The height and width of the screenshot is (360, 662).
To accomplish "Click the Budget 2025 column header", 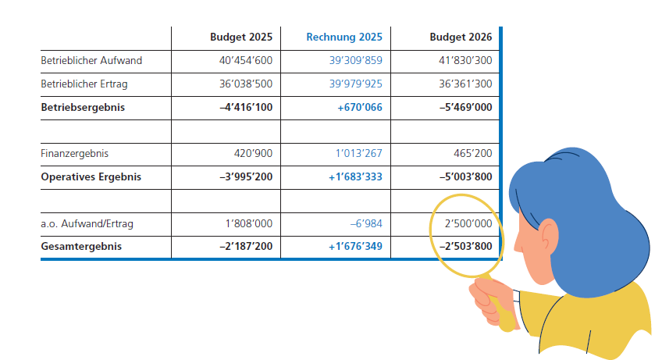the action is [x=241, y=37].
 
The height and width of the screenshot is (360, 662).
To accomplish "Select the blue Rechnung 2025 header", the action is [x=344, y=37].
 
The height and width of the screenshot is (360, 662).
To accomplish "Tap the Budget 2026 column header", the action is [x=461, y=37].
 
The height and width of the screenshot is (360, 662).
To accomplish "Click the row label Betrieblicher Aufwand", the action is [x=91, y=60].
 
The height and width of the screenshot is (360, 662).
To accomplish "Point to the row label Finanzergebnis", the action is [x=74, y=153].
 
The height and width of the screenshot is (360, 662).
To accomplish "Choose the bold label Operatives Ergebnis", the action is [x=91, y=176].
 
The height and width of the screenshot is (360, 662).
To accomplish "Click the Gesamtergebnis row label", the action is [x=81, y=246].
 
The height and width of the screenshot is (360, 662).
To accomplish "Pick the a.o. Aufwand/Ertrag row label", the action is [x=87, y=223].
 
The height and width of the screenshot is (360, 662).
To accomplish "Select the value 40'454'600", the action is [x=246, y=60].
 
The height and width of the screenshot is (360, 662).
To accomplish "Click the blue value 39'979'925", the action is [x=355, y=84].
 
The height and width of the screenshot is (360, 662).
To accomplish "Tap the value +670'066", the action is [x=360, y=107].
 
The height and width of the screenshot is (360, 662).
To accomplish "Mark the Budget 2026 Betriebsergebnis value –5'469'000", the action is [x=466, y=107].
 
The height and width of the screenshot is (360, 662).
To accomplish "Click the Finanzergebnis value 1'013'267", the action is [x=359, y=153].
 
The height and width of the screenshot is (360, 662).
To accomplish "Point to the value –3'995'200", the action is [x=246, y=176].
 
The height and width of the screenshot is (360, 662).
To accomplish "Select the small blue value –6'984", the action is [x=366, y=223].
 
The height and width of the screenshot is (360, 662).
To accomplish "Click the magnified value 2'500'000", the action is [x=468, y=223].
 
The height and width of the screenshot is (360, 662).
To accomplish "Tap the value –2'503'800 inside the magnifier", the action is [x=466, y=246].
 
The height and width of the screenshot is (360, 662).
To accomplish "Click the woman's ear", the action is [x=548, y=236].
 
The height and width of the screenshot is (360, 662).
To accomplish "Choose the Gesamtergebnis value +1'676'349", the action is [x=355, y=246].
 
